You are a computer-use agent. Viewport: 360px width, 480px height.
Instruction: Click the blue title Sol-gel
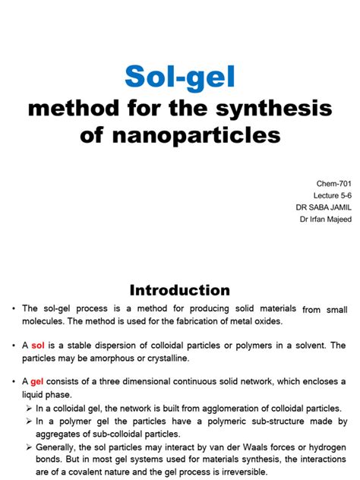[x=179, y=77]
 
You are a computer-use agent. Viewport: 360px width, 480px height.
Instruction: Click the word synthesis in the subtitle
[x=271, y=109]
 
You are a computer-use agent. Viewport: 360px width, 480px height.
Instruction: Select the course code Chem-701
[x=333, y=185]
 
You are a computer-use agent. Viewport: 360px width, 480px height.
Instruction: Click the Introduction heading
[x=179, y=289]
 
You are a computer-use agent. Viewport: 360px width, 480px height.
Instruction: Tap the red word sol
[x=39, y=346]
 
